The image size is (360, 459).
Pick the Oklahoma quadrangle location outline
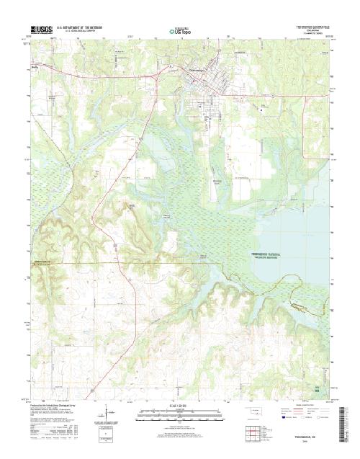coord(256,414)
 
